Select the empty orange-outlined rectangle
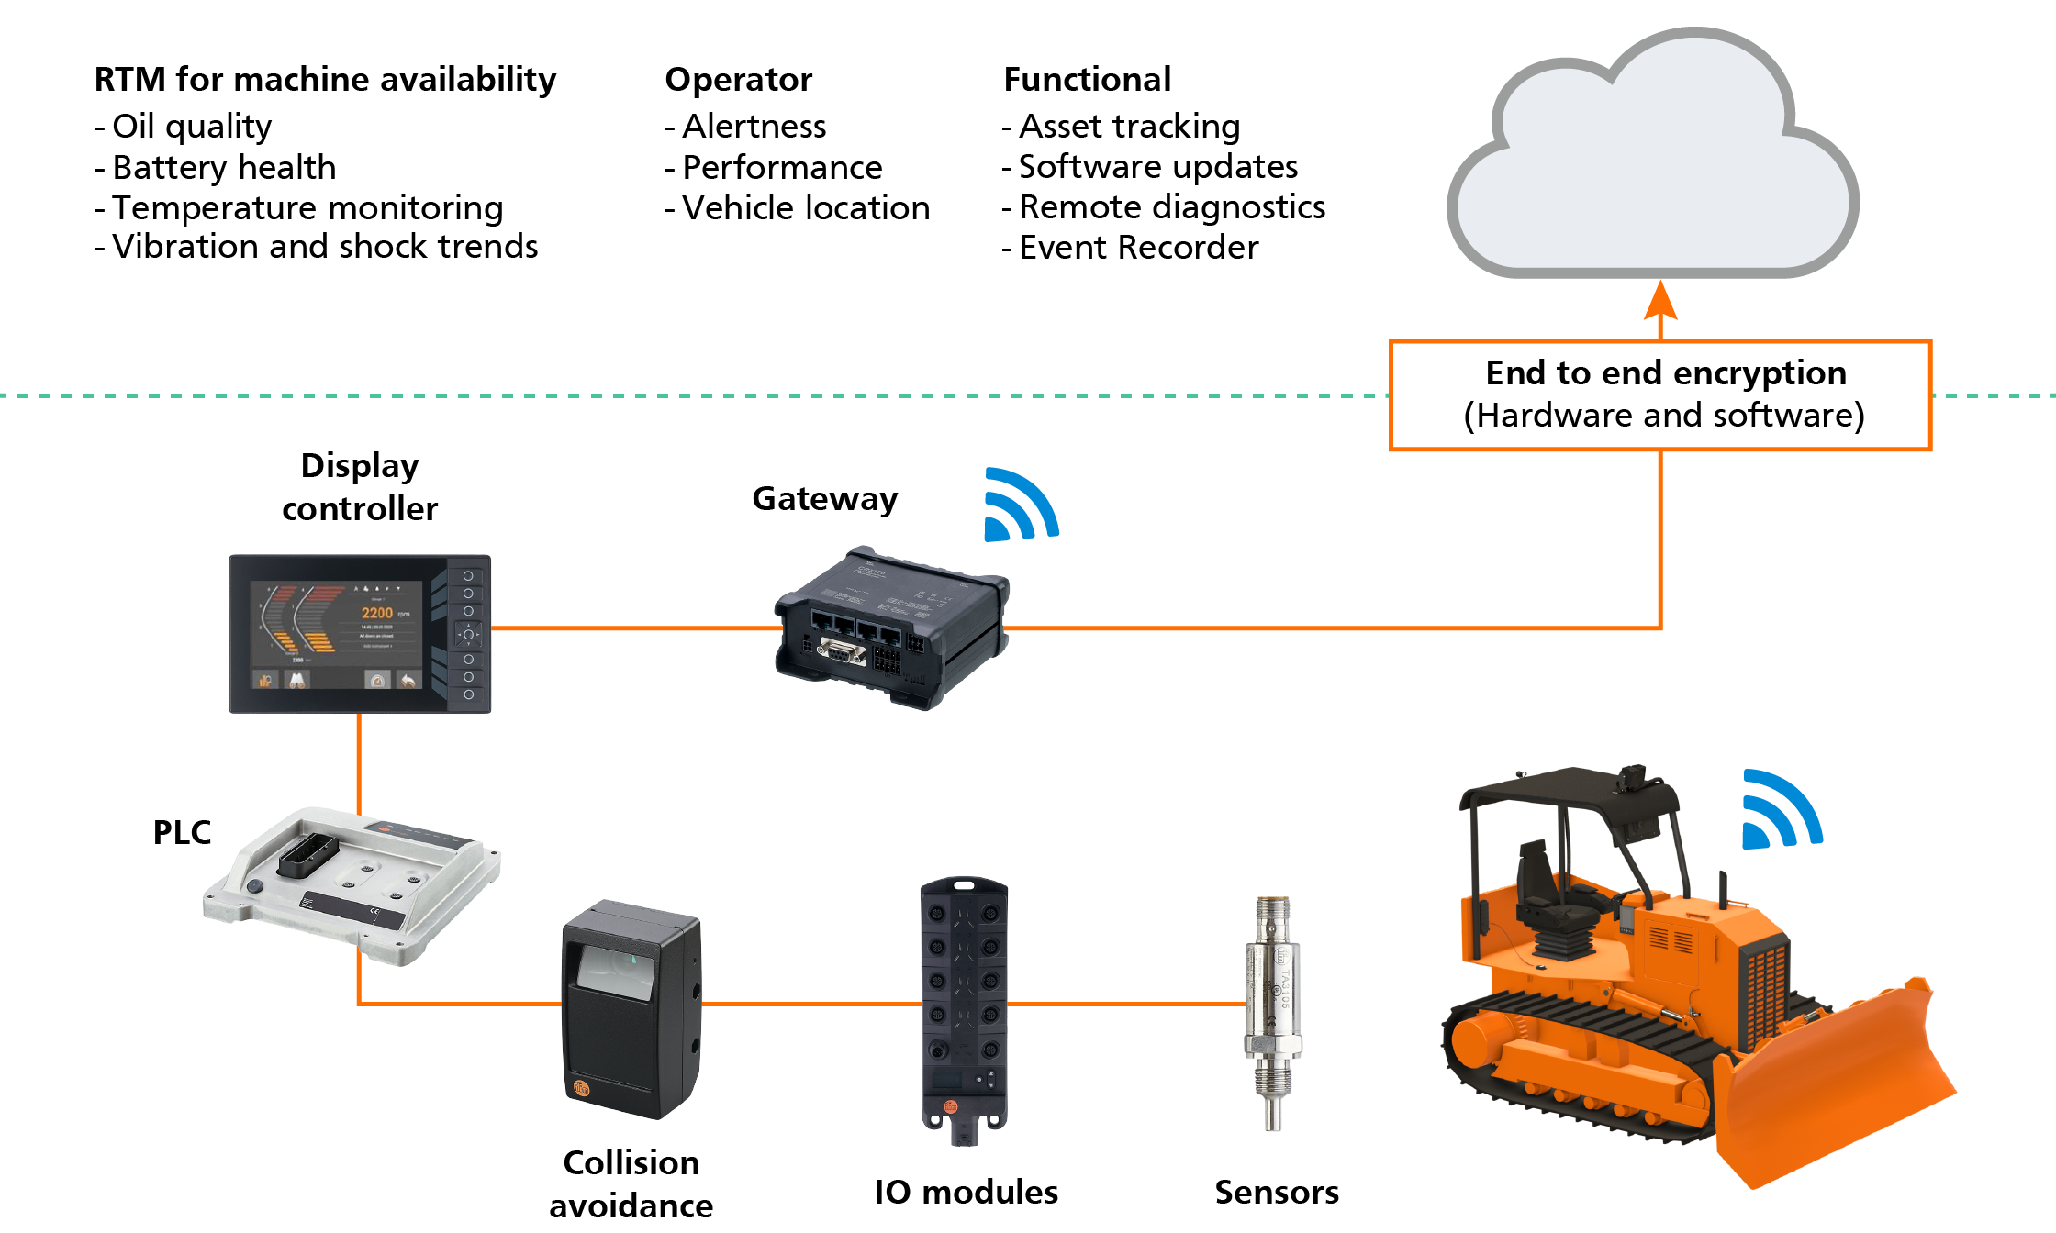[x=1660, y=395]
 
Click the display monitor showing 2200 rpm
[x=360, y=633]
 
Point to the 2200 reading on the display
[x=376, y=613]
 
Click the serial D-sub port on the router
[x=841, y=653]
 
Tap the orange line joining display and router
[x=633, y=628]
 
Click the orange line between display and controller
[x=359, y=761]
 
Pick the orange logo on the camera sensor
[x=582, y=1087]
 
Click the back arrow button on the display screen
[x=408, y=680]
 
